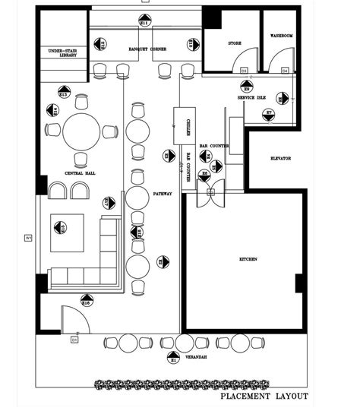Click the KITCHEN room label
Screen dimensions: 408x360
[248, 259]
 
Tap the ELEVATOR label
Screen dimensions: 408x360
[280, 158]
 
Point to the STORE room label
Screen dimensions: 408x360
[235, 43]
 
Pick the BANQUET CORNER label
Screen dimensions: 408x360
[147, 49]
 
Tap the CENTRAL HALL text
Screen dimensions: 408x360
[80, 173]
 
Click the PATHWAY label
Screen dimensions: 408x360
[162, 194]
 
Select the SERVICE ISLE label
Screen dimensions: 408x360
[251, 98]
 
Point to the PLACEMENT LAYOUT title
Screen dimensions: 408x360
[264, 396]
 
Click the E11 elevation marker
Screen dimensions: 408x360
[144, 21]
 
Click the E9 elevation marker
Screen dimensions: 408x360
[247, 87]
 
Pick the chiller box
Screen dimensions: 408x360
[185, 127]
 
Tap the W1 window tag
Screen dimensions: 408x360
[29, 238]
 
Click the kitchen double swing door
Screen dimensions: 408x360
[208, 191]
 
